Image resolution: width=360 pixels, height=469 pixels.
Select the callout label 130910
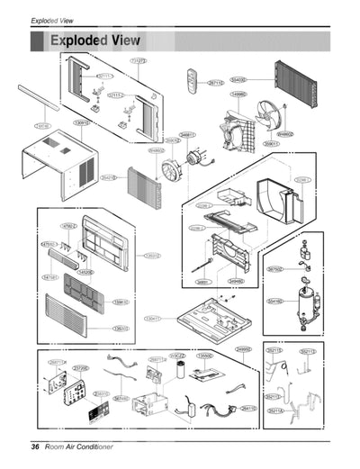click(x=80, y=122)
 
